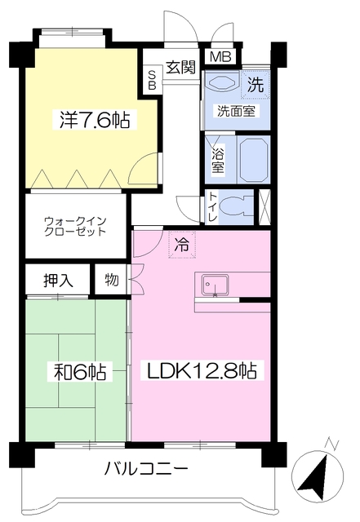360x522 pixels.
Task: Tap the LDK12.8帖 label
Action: tap(202, 370)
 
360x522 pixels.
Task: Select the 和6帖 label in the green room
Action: tap(80, 372)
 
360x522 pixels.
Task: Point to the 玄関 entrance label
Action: tap(180, 68)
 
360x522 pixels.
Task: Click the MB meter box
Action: tap(220, 57)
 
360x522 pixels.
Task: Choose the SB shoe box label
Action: tap(152, 80)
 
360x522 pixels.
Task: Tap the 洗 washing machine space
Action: tap(256, 85)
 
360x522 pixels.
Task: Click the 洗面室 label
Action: tap(236, 111)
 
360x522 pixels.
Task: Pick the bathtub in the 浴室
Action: tap(255, 160)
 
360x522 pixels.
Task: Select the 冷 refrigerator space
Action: tap(182, 245)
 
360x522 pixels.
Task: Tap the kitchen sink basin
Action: tap(216, 285)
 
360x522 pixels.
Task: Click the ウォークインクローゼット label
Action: tap(75, 226)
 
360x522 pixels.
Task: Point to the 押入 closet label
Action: tap(58, 281)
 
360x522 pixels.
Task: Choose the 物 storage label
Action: tap(112, 280)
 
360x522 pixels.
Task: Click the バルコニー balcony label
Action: tap(146, 469)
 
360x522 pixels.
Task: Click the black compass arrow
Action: tap(313, 480)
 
